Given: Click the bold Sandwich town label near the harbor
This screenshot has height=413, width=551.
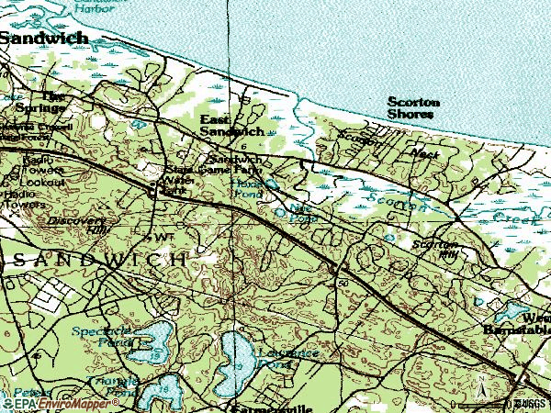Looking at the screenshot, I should pos(44,39).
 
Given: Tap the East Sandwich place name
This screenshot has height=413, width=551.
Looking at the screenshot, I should pos(232,126).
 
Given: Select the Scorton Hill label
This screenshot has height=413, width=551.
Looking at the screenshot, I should pos(434,250).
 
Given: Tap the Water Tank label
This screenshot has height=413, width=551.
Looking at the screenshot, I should pos(164,238).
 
